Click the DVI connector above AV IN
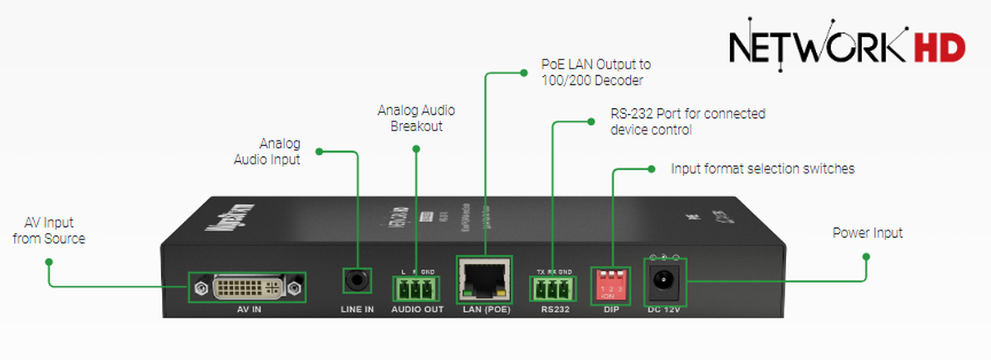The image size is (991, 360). click(247, 287)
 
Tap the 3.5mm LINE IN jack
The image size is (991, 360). click(356, 281)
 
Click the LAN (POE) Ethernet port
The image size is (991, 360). click(484, 280)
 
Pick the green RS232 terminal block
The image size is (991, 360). click(552, 288)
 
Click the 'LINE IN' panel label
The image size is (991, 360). click(358, 310)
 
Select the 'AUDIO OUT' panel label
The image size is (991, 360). click(417, 310)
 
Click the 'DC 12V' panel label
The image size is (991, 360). click(664, 310)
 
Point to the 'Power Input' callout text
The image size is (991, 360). click(867, 233)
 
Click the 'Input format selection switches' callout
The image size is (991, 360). click(762, 169)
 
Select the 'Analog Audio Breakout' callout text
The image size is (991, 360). click(416, 118)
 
